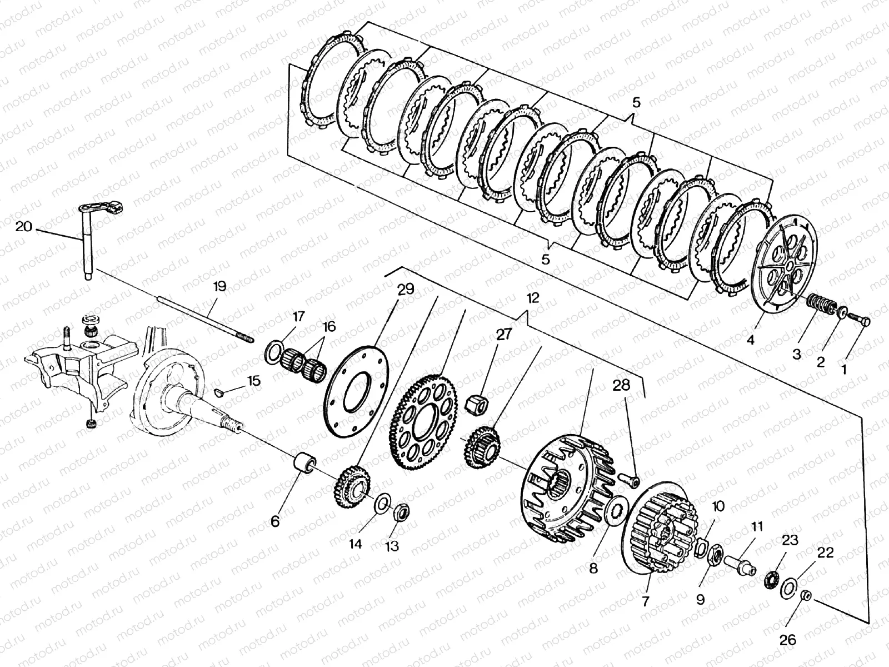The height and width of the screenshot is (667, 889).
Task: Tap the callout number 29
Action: pyautogui.click(x=406, y=290)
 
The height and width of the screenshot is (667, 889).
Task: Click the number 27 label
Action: pyautogui.click(x=504, y=335)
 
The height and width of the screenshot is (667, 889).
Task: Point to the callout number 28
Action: pyautogui.click(x=622, y=385)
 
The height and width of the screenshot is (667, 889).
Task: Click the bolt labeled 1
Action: pyautogui.click(x=859, y=319)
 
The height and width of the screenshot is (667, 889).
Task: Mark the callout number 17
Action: pyautogui.click(x=298, y=317)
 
